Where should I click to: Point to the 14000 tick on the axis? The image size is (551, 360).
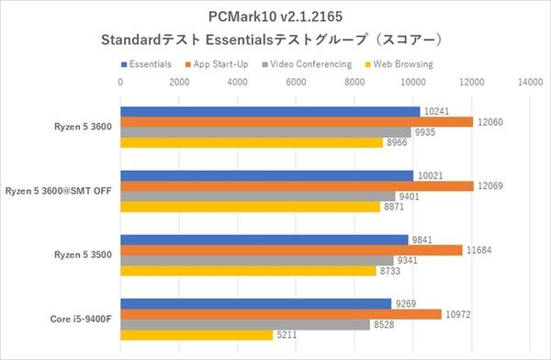530,82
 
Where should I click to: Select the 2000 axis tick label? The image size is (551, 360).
179,82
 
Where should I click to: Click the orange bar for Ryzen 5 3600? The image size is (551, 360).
297,122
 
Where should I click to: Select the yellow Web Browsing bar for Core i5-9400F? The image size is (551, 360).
197,335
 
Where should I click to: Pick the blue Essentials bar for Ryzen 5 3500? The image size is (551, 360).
264,240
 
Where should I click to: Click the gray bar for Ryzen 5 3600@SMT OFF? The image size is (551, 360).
258,197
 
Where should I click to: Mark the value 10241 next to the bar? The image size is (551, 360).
437,111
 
